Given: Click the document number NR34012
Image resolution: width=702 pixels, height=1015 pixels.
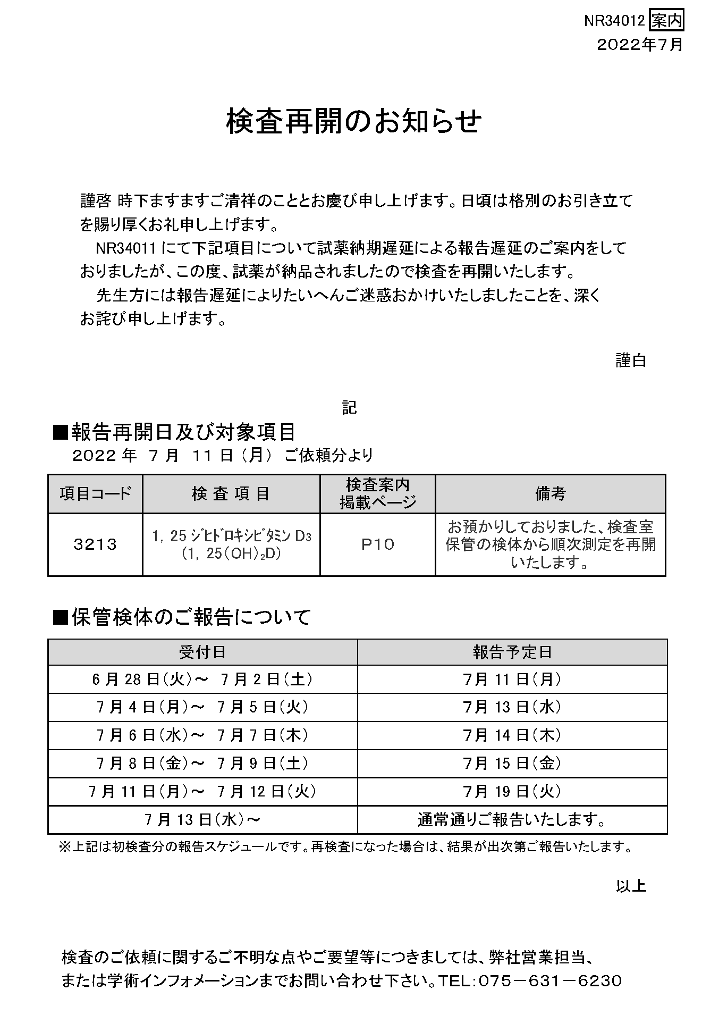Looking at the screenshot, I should pyautogui.click(x=614, y=21).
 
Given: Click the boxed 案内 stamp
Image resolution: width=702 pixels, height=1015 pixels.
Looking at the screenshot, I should pyautogui.click(x=667, y=21).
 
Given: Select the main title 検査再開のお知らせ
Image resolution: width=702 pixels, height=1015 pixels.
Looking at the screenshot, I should pyautogui.click(x=353, y=121).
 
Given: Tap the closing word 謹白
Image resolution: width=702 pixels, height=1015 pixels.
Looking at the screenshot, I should pyautogui.click(x=631, y=360).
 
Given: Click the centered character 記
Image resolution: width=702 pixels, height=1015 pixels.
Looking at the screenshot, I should pyautogui.click(x=349, y=408).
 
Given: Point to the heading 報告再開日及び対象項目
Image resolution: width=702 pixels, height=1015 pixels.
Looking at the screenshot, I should pyautogui.click(x=175, y=432).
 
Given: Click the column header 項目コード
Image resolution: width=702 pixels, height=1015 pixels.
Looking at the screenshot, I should pyautogui.click(x=95, y=494).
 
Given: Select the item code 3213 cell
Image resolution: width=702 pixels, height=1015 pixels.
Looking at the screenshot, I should pyautogui.click(x=95, y=544).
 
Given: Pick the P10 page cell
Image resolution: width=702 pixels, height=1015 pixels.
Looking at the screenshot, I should pyautogui.click(x=377, y=544).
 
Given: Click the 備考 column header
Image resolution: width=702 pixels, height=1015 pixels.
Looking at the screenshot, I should pyautogui.click(x=550, y=494).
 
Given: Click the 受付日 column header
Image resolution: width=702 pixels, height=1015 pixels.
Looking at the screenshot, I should pyautogui.click(x=202, y=652).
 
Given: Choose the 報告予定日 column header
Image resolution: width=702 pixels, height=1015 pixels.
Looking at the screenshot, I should pyautogui.click(x=512, y=652).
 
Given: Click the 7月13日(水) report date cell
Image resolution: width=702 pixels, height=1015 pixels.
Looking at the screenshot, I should pyautogui.click(x=512, y=708).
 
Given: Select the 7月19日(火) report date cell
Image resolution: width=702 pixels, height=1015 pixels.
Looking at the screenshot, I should pyautogui.click(x=512, y=792).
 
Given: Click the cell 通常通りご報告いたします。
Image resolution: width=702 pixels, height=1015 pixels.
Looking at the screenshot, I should pyautogui.click(x=512, y=820).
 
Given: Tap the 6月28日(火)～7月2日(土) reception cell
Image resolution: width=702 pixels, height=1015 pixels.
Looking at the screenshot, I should pyautogui.click(x=202, y=680).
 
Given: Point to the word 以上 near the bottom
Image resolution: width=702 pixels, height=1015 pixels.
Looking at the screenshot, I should pyautogui.click(x=631, y=886).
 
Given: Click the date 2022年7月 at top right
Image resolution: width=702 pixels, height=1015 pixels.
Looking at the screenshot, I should pyautogui.click(x=640, y=45).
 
